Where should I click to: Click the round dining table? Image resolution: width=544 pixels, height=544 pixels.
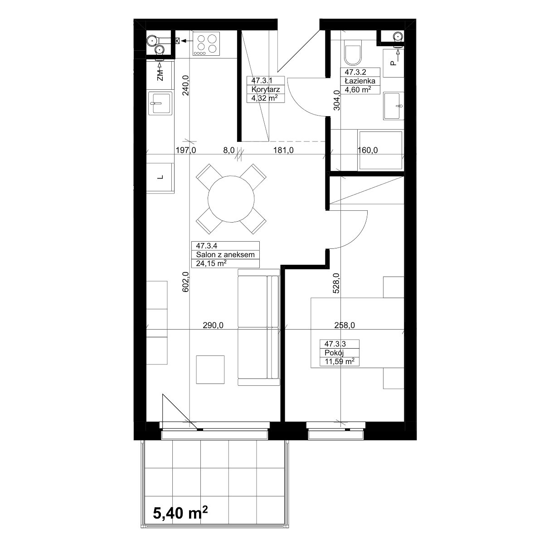click(231, 199)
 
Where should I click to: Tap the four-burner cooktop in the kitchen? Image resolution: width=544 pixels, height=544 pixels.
click(206, 44)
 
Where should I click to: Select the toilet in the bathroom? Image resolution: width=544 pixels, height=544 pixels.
click(353, 53)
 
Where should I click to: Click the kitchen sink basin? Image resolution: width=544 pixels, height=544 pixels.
click(160, 103)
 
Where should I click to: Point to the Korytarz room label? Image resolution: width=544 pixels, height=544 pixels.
click(266, 89)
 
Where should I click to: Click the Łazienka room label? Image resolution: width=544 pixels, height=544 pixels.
click(360, 81)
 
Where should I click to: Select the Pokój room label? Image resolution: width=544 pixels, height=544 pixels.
click(334, 353)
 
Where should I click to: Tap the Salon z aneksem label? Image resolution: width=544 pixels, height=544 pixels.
click(225, 255)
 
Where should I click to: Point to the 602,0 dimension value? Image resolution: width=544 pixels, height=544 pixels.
click(185, 282)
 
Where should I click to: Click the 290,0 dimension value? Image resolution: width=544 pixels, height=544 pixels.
click(213, 325)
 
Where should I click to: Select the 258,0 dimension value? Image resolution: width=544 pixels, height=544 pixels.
click(345, 325)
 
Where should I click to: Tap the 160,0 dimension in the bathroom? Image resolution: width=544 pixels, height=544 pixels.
click(368, 150)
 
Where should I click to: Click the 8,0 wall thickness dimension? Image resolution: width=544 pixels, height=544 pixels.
click(229, 150)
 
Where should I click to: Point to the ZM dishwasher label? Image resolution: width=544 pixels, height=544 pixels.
click(160, 75)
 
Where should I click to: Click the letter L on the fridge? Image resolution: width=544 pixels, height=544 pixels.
click(160, 177)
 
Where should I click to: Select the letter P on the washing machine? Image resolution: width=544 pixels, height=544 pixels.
click(393, 63)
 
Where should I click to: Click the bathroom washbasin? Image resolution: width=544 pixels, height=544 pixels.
click(393, 106)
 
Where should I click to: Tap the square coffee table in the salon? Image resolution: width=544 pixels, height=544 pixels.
click(210, 369)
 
